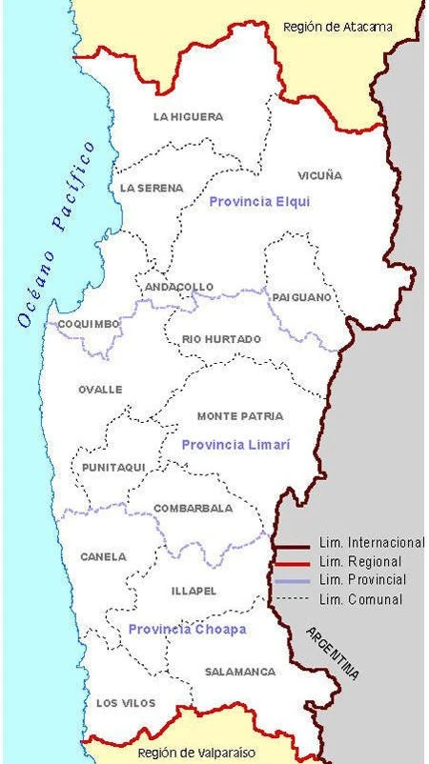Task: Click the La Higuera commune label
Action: pos(188,117)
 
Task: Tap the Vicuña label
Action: pos(318,175)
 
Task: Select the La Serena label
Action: pos(152,189)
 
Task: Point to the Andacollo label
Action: pos(178,287)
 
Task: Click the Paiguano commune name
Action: pos(302,297)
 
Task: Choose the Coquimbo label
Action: pos(89,324)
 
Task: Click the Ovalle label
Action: pos(100,390)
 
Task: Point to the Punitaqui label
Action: pos(113,468)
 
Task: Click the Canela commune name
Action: pos(103,557)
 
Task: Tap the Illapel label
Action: pos(194,592)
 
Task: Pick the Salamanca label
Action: pos(240,672)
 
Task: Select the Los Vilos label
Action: pos(120,703)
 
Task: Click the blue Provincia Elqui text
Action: pos(259,202)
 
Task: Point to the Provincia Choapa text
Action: pos(187,630)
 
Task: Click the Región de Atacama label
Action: pos(337,27)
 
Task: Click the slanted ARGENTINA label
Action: pos(333,653)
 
